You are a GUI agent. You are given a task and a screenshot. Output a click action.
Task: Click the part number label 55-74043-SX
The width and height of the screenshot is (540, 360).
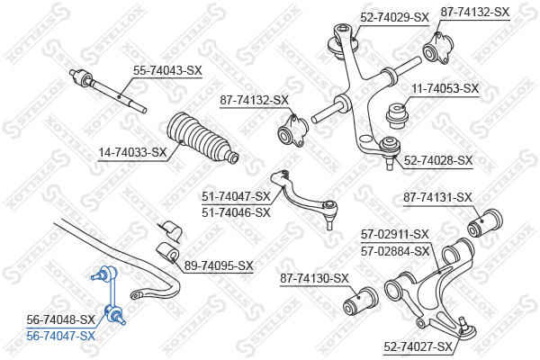167,70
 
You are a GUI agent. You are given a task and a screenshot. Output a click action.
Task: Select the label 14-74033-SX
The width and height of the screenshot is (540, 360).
132,152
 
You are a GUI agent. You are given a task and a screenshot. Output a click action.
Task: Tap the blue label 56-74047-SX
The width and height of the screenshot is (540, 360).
60,336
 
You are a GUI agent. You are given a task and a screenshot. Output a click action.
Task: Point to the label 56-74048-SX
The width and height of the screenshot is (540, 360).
60,319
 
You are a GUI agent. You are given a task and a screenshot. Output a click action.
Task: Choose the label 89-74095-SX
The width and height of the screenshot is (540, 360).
219,265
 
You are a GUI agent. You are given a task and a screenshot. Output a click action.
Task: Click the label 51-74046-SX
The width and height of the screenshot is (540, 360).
236,212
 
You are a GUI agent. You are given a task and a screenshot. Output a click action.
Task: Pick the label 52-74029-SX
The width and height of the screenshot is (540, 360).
395,17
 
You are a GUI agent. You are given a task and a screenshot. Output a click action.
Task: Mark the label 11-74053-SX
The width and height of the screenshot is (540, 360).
445,88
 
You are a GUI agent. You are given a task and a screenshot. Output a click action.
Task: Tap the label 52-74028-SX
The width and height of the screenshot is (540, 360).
438,160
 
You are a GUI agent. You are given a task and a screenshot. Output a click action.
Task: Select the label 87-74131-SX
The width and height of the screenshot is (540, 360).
437,197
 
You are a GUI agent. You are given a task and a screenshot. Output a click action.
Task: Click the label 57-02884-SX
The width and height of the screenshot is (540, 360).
395,251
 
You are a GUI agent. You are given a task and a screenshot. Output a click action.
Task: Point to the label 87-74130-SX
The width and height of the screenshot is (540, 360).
314,278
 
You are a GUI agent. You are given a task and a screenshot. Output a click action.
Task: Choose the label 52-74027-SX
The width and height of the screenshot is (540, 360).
418,346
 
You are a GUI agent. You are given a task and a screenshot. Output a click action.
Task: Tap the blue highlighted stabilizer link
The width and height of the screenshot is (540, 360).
109,295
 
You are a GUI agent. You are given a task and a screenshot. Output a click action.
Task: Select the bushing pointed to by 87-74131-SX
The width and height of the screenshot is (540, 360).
485,223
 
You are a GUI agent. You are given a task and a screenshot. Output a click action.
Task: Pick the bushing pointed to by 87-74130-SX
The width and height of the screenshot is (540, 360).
361,301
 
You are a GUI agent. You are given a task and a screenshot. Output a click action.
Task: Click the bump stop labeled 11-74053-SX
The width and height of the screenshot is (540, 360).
397,115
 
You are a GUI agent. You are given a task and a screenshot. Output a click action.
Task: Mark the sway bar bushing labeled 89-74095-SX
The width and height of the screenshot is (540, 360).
168,252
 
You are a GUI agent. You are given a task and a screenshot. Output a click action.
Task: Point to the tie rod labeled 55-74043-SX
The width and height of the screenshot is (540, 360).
108,91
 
